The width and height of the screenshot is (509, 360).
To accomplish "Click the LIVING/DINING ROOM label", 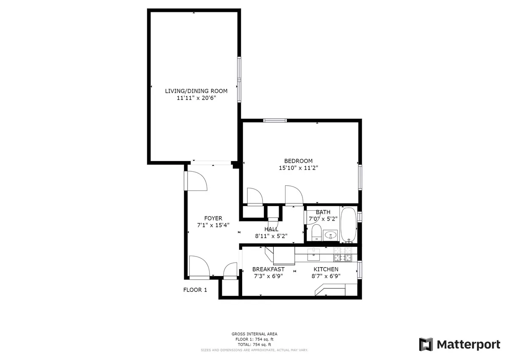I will [x=196, y=91].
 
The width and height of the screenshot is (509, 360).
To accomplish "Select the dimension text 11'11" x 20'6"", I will [x=196, y=98].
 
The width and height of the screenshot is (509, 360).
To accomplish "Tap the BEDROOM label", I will [x=298, y=161].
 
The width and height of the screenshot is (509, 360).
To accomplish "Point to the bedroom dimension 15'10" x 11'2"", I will [x=298, y=168].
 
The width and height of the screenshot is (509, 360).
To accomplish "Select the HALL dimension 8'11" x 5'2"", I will [x=271, y=236].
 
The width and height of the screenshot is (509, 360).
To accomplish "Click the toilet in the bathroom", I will [x=316, y=232].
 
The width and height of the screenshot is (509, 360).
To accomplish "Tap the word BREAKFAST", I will [x=268, y=269].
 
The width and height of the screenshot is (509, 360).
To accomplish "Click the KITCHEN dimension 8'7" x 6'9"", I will [x=326, y=276].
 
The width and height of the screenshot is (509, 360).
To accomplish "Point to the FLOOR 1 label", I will [x=195, y=290].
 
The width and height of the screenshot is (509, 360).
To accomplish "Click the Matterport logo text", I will [x=468, y=344].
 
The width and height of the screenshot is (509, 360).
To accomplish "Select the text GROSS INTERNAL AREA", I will [x=255, y=334].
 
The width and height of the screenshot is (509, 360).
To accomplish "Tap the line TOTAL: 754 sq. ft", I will [x=255, y=345].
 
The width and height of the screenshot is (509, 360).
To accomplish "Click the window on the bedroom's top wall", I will [x=275, y=120].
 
